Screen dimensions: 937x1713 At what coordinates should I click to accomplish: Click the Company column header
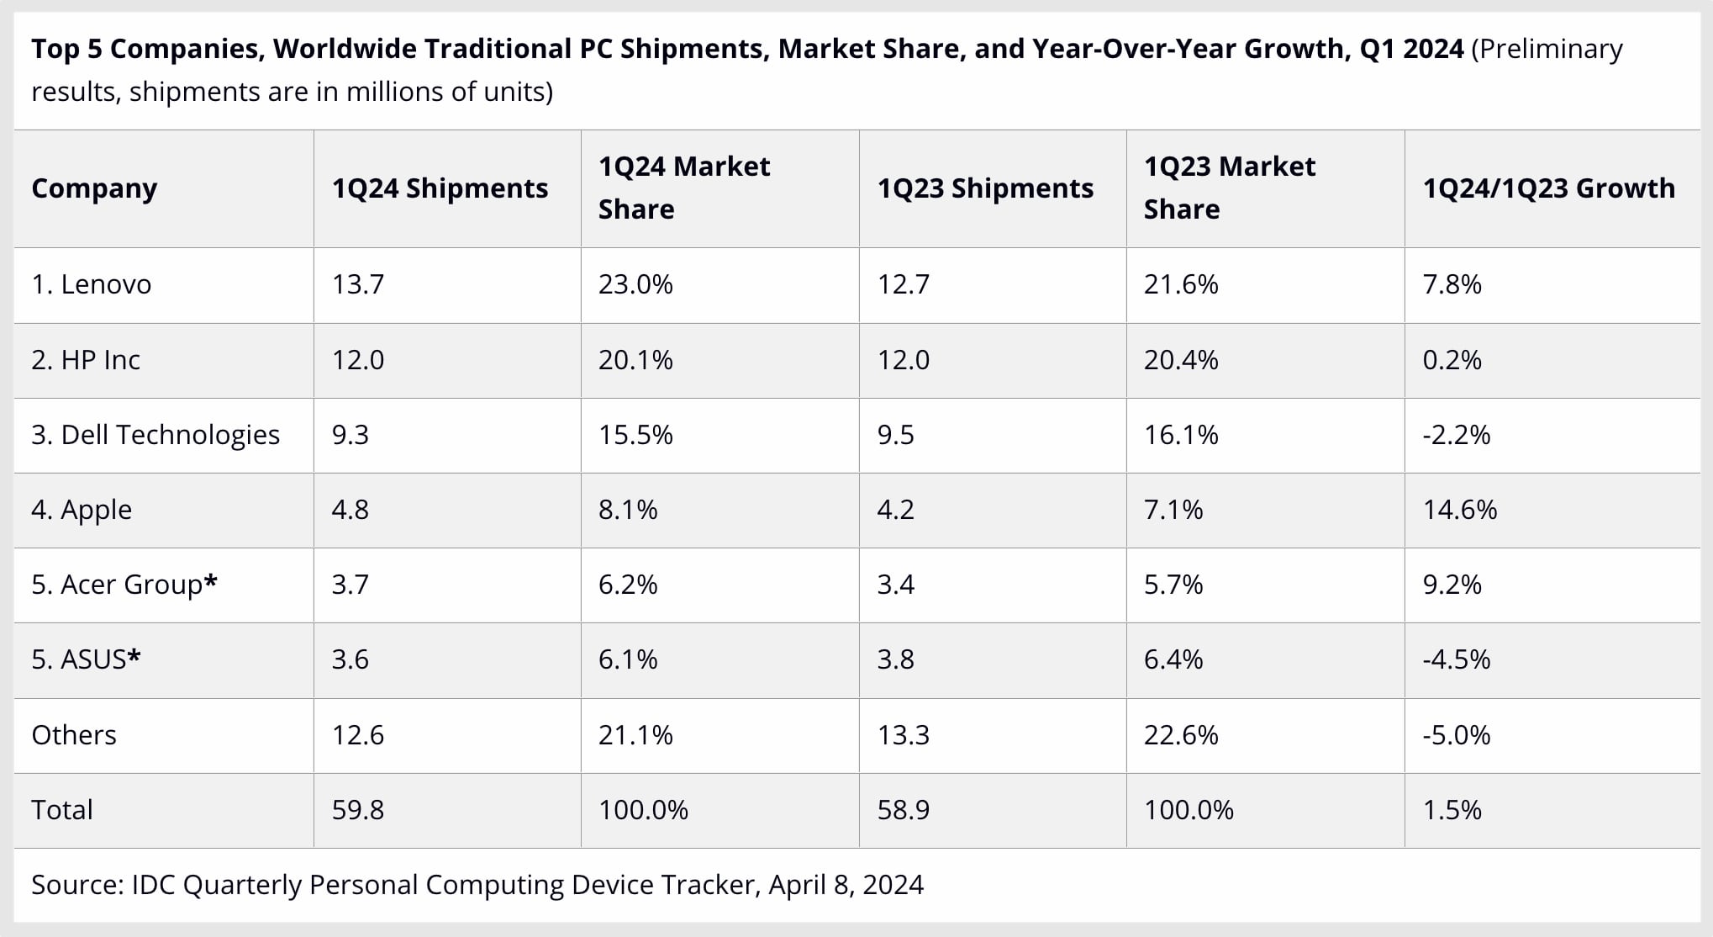[x=94, y=188]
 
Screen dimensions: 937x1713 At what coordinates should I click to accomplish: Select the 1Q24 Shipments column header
[x=440, y=188]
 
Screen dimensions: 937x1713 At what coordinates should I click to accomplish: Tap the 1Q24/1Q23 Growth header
[x=1548, y=188]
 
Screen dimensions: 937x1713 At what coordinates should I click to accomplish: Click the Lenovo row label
[x=92, y=284]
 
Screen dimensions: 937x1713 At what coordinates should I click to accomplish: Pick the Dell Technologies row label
[x=155, y=435]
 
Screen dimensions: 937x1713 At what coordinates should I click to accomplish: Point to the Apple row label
[x=82, y=510]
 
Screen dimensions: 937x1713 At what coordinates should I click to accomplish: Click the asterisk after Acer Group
[x=211, y=581]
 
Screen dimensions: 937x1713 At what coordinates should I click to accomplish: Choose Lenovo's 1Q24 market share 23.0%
[x=635, y=284]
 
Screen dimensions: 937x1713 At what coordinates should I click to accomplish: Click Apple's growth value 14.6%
[x=1460, y=510]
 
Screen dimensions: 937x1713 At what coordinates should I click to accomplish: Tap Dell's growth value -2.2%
[x=1457, y=435]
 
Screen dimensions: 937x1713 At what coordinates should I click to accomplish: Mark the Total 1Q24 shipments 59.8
[x=358, y=810]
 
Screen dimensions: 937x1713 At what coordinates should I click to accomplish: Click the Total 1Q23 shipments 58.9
[x=904, y=810]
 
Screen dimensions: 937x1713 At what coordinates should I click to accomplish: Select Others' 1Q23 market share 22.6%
[x=1181, y=735]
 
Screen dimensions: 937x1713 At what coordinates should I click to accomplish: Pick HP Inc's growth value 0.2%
[x=1452, y=360]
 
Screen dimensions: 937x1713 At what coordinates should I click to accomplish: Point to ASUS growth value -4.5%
[x=1457, y=659]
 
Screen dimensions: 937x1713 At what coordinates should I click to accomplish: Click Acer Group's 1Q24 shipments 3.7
[x=351, y=585]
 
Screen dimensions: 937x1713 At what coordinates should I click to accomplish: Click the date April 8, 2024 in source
[x=846, y=885]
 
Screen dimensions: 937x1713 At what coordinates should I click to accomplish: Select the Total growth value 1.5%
[x=1452, y=810]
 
